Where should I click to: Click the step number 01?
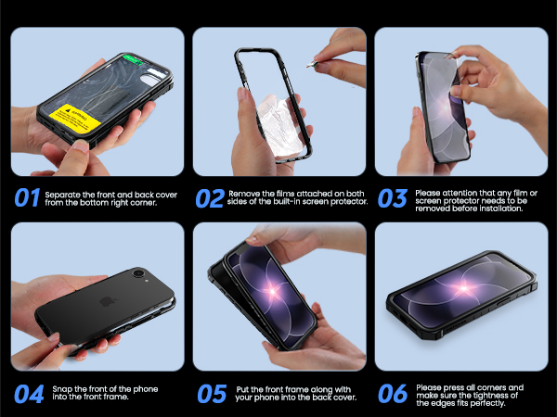[x=27, y=197]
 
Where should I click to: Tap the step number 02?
[x=210, y=198]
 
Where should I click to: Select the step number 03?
[x=392, y=198]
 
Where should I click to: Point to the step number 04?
[x=29, y=394]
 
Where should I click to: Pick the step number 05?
[x=212, y=394]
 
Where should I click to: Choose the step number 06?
[x=393, y=393]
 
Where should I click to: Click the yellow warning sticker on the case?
[x=75, y=118]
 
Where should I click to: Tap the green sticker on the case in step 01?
[x=133, y=59]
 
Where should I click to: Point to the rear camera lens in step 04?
[x=137, y=272]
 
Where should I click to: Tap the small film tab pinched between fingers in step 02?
[x=312, y=65]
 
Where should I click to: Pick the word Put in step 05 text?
[x=242, y=389]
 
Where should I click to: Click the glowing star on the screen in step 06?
[x=464, y=288]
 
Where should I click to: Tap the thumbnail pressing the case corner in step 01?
[x=82, y=146]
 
